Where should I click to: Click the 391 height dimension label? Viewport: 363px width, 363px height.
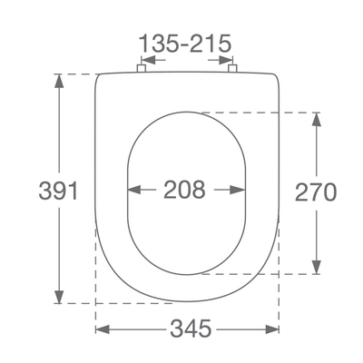click(58, 191)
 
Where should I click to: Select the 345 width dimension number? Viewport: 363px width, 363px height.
click(191, 329)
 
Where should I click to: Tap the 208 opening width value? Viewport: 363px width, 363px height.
click(184, 190)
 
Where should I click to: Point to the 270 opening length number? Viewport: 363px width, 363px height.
click(316, 191)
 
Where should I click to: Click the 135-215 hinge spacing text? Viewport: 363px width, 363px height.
click(185, 44)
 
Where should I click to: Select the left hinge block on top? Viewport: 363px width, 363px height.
click(142, 68)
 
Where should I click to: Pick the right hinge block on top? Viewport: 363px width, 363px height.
click(232, 68)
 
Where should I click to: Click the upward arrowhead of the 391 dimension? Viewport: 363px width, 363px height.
click(59, 81)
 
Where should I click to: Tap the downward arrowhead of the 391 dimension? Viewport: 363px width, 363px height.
click(59, 296)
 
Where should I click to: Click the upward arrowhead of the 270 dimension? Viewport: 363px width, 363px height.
click(317, 120)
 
